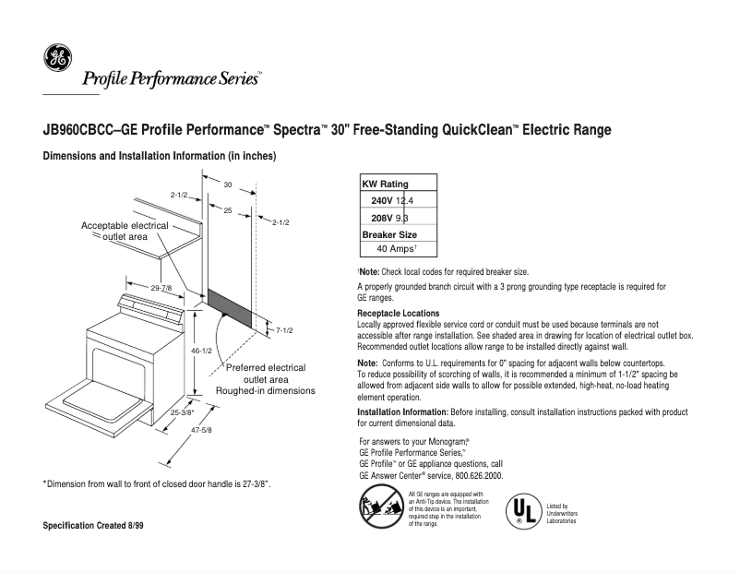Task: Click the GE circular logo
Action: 57,59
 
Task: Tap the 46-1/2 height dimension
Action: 201,352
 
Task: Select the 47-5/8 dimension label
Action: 201,430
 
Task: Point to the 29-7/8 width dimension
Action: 162,289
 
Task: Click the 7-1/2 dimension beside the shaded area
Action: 284,330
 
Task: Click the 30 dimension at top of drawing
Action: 227,185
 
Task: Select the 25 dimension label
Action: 227,211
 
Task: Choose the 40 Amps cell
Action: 398,249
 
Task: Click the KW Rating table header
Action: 385,185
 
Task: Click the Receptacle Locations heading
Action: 397,314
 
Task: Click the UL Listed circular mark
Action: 523,510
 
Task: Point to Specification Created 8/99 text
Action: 93,526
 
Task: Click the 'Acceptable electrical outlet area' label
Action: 125,231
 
